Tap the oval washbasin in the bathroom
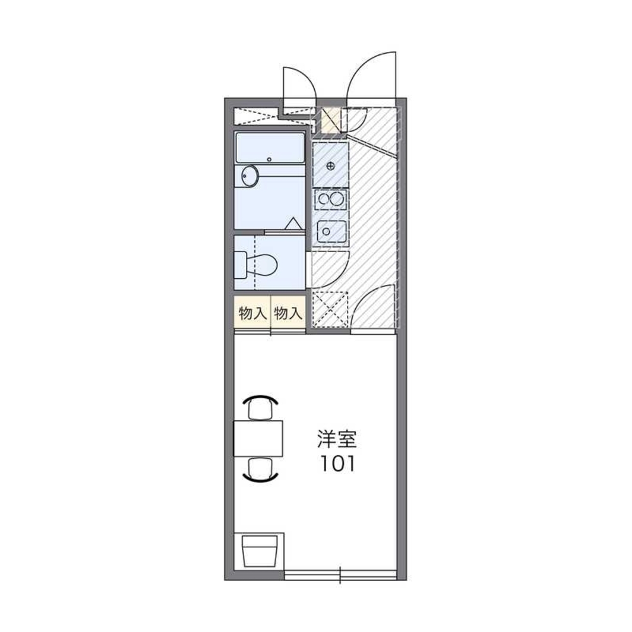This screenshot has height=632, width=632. [250, 176]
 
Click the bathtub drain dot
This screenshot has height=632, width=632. [270, 159]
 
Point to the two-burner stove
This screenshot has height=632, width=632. [331, 200]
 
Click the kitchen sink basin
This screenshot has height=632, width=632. [331, 232]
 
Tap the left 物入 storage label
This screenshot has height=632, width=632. [252, 313]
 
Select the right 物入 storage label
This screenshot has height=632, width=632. [288, 313]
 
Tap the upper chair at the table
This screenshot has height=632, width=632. [261, 408]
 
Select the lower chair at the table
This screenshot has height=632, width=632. [261, 469]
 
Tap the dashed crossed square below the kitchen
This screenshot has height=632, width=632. [330, 310]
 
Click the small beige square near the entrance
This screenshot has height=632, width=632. [330, 119]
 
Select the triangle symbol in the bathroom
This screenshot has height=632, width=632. [293, 224]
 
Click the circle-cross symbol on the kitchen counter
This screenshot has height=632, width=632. [331, 166]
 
